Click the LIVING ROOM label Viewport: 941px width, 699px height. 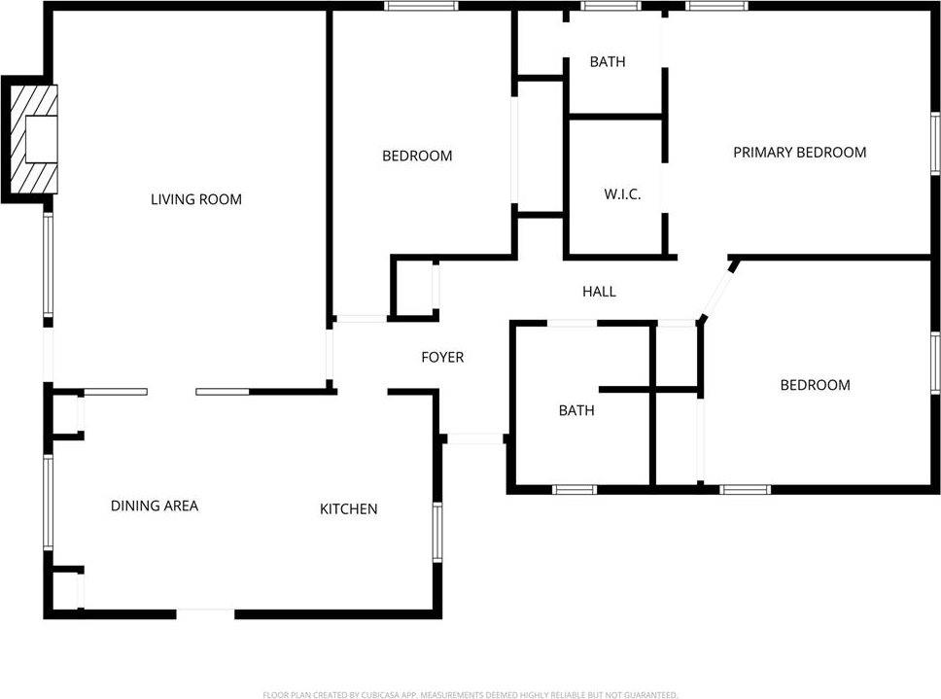tap(195, 200)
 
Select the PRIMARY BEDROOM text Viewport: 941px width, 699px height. tap(799, 153)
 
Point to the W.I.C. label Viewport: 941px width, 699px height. tap(622, 194)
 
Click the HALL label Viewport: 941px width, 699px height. tap(599, 292)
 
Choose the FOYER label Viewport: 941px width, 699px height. tap(442, 358)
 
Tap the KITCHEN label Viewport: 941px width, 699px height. tap(349, 509)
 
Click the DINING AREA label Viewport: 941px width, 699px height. tap(155, 506)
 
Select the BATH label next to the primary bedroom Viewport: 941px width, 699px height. tap(608, 62)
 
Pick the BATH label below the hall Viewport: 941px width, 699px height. tap(575, 411)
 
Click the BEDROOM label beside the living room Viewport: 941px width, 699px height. tap(417, 156)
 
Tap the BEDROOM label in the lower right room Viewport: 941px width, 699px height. tap(815, 386)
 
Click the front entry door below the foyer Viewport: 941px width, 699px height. tap(474, 439)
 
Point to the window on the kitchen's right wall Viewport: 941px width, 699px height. tap(437, 533)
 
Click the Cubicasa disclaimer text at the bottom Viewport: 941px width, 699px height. tap(470, 694)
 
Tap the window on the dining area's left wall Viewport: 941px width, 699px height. tap(48, 503)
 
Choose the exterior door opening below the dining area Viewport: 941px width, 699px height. tap(205, 613)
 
